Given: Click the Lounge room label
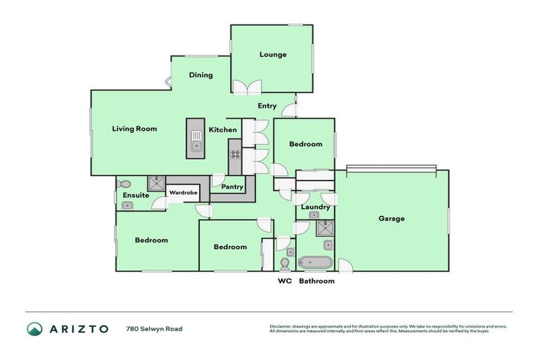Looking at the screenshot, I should [x=272, y=54].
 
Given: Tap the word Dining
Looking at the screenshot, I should [x=200, y=75].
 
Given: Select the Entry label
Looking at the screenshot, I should [x=266, y=106].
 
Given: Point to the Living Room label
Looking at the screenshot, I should [x=134, y=129].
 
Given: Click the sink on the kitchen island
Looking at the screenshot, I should [x=195, y=145].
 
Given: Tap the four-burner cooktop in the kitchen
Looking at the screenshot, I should [x=235, y=156].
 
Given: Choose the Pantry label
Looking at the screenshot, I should [x=232, y=187].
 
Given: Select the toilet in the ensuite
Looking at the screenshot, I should [x=124, y=182].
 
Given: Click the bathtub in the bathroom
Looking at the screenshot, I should [x=315, y=264].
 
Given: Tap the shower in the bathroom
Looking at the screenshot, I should [x=325, y=228].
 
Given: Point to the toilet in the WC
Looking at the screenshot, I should [x=285, y=264].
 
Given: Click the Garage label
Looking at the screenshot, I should [x=391, y=219].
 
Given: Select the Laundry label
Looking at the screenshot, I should [x=315, y=207].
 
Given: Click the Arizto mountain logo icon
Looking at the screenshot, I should [x=34, y=329].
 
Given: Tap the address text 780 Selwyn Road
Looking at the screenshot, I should [x=154, y=329].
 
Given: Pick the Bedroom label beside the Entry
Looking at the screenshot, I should [x=306, y=144].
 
